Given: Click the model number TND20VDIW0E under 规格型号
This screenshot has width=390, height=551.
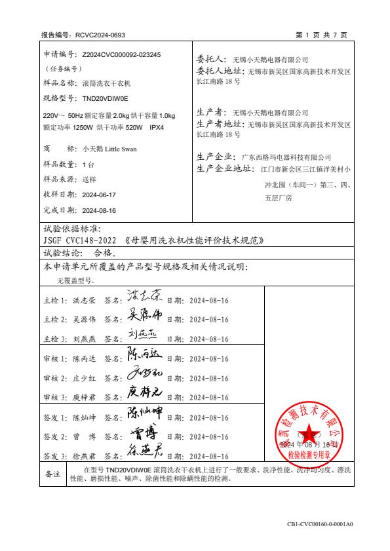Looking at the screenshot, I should [x=106, y=98].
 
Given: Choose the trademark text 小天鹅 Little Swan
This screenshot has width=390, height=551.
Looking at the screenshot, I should [x=109, y=149].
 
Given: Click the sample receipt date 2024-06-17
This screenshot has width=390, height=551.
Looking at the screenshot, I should [x=99, y=195].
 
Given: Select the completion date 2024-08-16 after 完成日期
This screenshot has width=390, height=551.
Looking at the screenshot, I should [x=99, y=210].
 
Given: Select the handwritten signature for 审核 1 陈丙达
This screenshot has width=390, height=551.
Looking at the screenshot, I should [x=145, y=356].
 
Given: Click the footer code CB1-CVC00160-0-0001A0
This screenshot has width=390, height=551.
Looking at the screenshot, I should [x=320, y=524].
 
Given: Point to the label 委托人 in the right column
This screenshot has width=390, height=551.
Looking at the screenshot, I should [x=210, y=59].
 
